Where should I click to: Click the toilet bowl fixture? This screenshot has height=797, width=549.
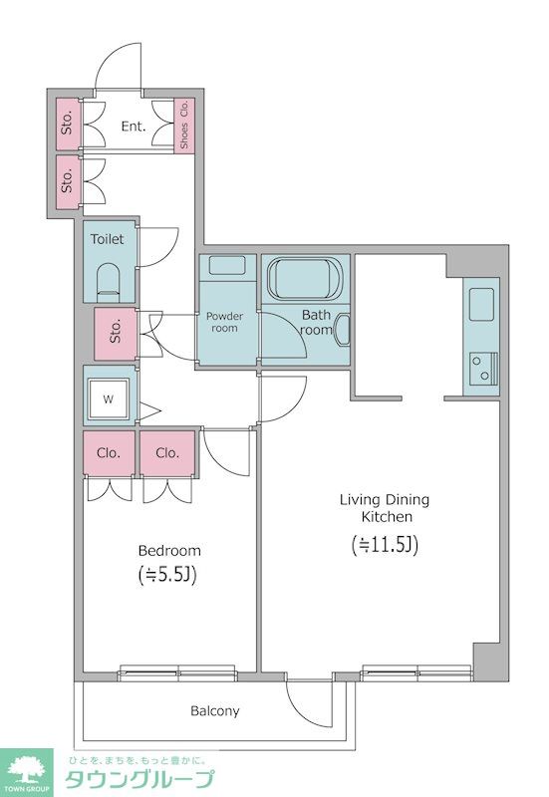[x=108, y=282]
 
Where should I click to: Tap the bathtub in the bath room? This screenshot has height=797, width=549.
[x=305, y=279]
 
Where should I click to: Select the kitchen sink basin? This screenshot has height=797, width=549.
[x=481, y=304]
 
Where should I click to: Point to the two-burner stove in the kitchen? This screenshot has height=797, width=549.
[x=483, y=368]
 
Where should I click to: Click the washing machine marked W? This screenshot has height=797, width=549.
[x=109, y=399]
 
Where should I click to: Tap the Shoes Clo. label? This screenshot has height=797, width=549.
[x=184, y=125]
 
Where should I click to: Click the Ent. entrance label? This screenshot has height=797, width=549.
[x=134, y=127]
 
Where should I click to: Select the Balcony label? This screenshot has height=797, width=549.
[x=214, y=710]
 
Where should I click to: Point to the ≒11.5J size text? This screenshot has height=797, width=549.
[x=385, y=545]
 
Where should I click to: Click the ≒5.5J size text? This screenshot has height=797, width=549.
[x=167, y=575]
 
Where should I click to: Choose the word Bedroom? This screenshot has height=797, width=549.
[x=169, y=551]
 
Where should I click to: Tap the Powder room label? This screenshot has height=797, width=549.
[x=224, y=322]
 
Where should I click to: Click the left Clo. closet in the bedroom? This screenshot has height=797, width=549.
[x=109, y=453]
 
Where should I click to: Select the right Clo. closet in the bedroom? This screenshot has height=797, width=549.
[x=167, y=453]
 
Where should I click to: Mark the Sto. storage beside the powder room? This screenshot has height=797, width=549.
[x=116, y=334]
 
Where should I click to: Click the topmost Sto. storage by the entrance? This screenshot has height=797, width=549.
[x=68, y=125]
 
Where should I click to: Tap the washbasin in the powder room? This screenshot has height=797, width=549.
[x=227, y=266]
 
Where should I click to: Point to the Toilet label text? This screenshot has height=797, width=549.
[x=107, y=239]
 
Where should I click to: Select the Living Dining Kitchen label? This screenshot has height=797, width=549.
[x=385, y=508]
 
